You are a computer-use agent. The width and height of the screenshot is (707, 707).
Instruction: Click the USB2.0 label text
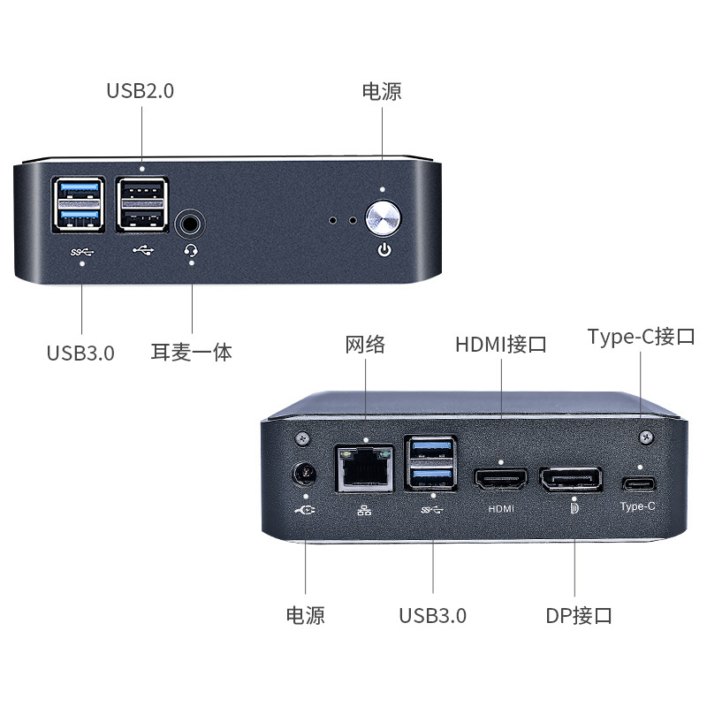(x=140, y=91)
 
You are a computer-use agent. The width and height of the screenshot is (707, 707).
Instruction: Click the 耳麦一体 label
(x=192, y=352)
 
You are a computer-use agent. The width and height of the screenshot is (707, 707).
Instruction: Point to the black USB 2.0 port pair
(x=141, y=204)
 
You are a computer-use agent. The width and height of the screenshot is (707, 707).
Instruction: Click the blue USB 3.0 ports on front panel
(x=80, y=204)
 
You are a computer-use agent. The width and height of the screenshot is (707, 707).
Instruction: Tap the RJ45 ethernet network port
(x=363, y=468)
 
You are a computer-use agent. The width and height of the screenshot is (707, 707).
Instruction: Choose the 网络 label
(x=365, y=344)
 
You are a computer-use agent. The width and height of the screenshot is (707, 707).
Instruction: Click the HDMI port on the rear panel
(x=501, y=480)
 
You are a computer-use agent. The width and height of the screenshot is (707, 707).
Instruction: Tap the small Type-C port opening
(x=638, y=484)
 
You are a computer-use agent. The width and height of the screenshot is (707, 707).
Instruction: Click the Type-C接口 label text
(x=642, y=337)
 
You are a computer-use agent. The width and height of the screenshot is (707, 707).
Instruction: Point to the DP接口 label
(x=579, y=615)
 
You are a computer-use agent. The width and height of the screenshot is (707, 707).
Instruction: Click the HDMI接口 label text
(x=501, y=344)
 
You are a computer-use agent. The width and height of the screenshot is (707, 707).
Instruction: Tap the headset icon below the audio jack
(x=191, y=251)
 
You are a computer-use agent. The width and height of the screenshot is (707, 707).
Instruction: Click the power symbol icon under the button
(x=384, y=250)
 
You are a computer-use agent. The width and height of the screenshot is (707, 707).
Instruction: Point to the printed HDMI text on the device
(x=501, y=509)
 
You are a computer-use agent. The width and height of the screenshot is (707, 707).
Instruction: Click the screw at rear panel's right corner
(x=646, y=437)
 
